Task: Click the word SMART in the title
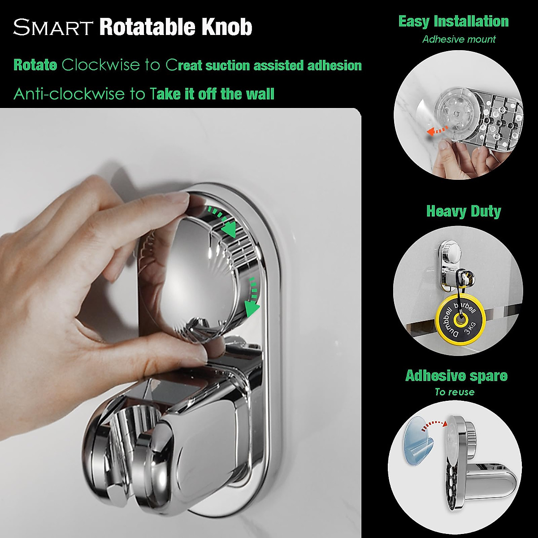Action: pos(53,27)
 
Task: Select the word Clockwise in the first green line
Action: pos(101,65)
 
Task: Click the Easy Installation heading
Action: pos(453,22)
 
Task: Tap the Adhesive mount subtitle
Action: pos(459,39)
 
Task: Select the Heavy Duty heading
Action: pos(463,211)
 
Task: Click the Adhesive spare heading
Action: pos(456,375)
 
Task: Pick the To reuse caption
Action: pos(454,392)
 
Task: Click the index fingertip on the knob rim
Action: pos(179,198)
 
